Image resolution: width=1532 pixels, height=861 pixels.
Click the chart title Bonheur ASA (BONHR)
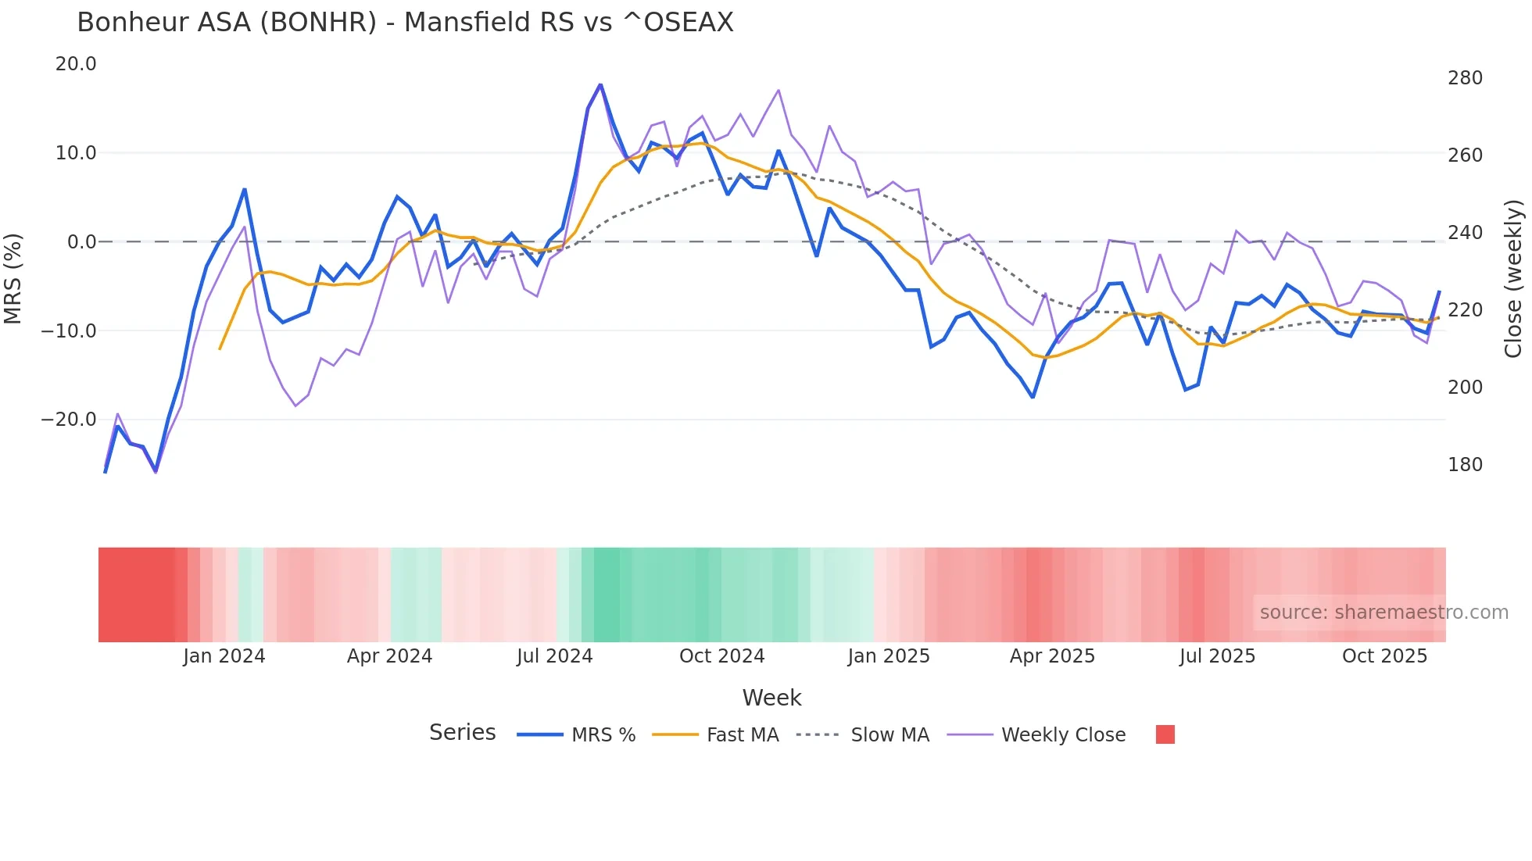coord(405,23)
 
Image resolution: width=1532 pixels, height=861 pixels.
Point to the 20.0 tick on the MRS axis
coord(76,64)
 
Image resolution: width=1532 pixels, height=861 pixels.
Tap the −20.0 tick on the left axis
coord(69,420)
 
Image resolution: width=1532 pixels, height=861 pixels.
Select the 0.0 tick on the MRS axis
coord(81,242)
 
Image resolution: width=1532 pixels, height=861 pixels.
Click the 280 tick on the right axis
coord(1465,78)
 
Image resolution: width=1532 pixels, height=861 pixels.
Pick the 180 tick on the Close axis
coord(1465,465)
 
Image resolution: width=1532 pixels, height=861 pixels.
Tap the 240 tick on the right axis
coord(1465,233)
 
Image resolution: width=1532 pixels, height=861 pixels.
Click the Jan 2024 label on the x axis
coord(224,656)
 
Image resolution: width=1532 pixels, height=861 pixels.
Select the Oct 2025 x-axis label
coord(1384,656)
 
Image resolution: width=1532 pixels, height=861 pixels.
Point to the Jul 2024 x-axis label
coord(554,656)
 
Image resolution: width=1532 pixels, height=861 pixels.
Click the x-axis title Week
coord(771,698)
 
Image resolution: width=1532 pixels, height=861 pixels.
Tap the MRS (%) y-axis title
coord(13,278)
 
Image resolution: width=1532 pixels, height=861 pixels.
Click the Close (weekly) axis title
coord(1514,278)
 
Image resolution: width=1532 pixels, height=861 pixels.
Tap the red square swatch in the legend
coord(1165,734)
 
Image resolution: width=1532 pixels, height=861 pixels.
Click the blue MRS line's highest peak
coord(600,84)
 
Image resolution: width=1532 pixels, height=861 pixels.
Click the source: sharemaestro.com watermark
coord(1383,613)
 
